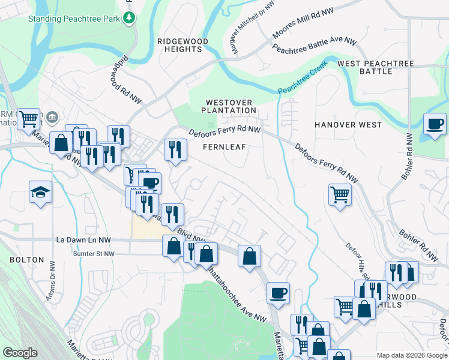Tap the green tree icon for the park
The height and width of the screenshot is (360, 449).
(x=128, y=19)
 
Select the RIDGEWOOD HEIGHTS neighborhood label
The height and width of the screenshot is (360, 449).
(x=182, y=46)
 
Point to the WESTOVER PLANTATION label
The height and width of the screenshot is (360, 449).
(x=228, y=107)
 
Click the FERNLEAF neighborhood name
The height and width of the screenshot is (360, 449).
(x=224, y=147)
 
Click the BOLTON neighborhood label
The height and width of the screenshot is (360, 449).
(x=27, y=260)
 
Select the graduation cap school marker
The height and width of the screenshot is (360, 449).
(x=41, y=192)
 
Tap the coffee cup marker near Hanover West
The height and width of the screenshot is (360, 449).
(x=435, y=124)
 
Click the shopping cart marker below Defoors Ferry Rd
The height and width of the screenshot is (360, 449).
(x=340, y=195)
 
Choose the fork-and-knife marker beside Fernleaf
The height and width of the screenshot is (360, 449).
(x=175, y=149)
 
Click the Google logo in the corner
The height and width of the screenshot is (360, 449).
(x=20, y=353)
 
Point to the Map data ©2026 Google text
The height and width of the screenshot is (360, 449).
(x=411, y=355)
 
